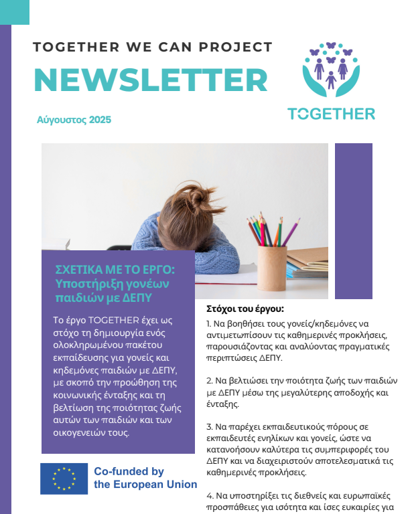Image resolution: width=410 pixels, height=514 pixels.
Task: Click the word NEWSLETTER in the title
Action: pyautogui.click(x=150, y=80)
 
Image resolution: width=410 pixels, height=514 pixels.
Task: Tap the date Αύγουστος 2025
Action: pyautogui.click(x=74, y=120)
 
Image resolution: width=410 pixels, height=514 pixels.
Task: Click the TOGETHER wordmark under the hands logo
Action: pyautogui.click(x=331, y=114)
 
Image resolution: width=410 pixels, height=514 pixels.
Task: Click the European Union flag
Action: pyautogui.click(x=64, y=478)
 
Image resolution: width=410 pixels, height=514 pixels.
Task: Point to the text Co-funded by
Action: pyautogui.click(x=129, y=472)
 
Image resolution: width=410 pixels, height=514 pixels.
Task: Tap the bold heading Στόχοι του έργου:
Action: pyautogui.click(x=245, y=309)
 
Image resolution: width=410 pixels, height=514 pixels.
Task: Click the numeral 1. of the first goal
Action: pyautogui.click(x=209, y=323)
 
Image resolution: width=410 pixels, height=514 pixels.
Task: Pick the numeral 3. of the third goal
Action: pyautogui.click(x=210, y=426)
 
